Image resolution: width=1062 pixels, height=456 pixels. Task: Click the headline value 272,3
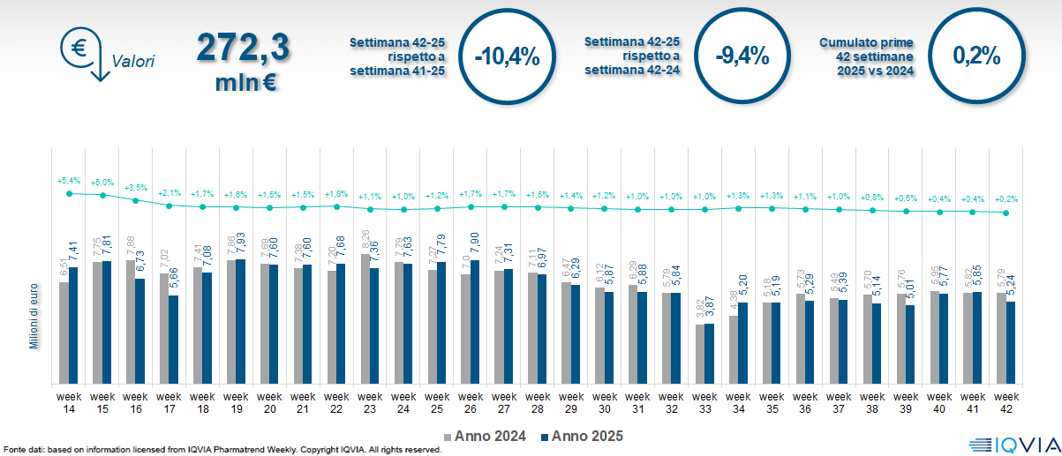243,47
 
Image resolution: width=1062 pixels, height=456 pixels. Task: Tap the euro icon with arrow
81,53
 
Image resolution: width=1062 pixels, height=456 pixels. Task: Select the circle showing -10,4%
507,56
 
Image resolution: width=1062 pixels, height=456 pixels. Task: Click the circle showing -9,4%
742,56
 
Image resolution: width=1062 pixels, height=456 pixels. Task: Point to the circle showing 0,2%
976,56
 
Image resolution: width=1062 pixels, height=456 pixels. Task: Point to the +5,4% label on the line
69,180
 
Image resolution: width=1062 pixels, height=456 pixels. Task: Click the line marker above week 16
135,200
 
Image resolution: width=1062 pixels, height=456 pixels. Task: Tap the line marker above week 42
1006,213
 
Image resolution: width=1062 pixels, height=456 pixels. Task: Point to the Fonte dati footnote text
221,450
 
